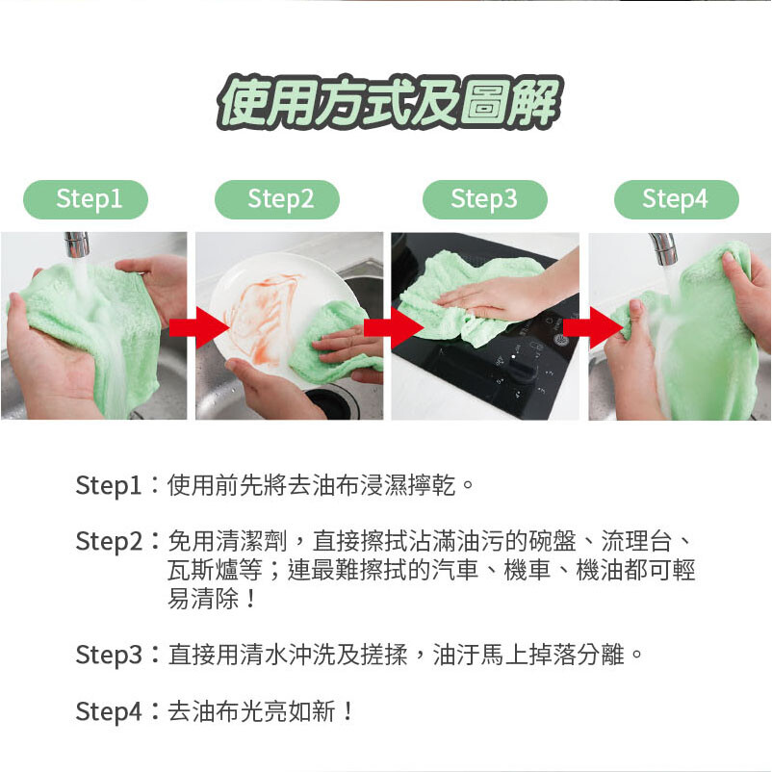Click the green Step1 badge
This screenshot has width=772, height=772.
pos(86,199)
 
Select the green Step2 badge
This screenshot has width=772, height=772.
pos(277,199)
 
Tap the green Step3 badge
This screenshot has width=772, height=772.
pos(485,199)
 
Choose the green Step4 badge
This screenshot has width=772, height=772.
pos(677,199)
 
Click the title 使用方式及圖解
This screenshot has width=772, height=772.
pos(389,102)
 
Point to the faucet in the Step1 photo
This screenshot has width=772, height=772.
pos(77,244)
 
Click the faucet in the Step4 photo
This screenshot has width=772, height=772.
pos(663,248)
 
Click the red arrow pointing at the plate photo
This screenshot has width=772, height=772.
pos(199,327)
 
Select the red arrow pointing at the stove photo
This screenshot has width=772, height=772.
pos(394,327)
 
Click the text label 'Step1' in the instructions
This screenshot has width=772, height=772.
pos(109,485)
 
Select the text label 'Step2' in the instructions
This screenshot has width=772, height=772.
pos(109,541)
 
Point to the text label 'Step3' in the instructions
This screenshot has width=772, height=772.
pos(109,655)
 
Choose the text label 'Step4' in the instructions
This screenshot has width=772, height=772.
pos(109,711)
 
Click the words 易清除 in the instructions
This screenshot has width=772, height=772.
pos(203,599)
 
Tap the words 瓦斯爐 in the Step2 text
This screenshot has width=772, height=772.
pos(203,570)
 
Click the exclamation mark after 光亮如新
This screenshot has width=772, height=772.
pos(348,711)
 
